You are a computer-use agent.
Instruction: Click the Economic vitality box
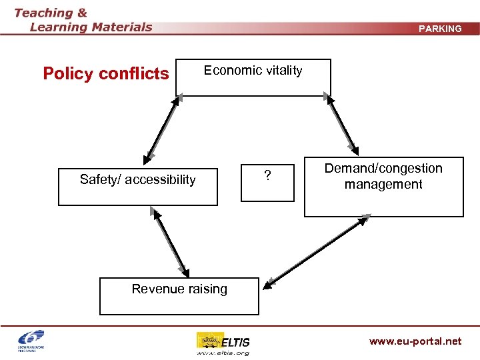click(253, 78)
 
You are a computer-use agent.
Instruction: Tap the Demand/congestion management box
click(383, 187)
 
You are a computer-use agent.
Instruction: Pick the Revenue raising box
click(179, 296)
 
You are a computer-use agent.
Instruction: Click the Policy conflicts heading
click(106, 73)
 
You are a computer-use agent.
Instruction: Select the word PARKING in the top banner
click(439, 29)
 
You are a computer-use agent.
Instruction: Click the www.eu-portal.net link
click(415, 341)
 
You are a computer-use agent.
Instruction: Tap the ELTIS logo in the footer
click(223, 341)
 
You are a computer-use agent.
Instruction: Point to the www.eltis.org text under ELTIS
click(223, 353)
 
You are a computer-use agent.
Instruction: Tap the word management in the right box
click(383, 184)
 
